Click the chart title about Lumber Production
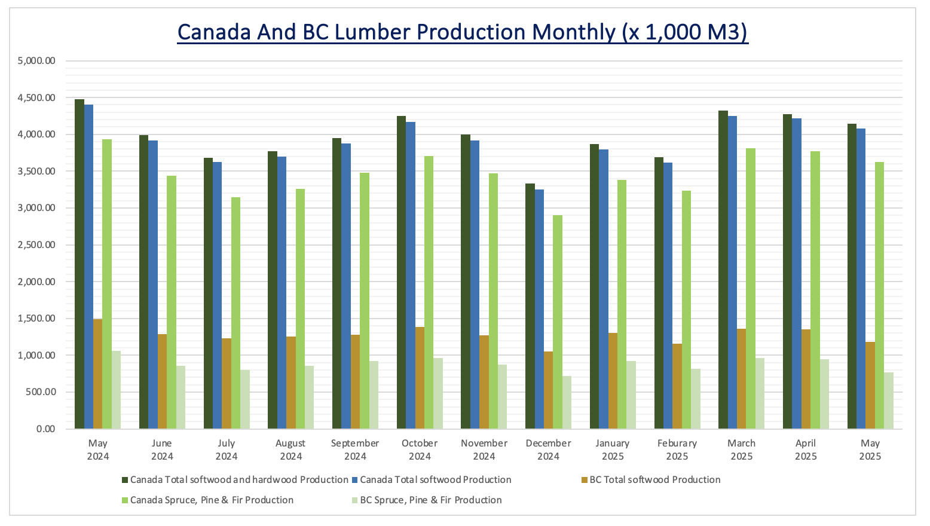[463, 32]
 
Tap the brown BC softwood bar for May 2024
[97, 374]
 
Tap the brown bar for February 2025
[677, 386]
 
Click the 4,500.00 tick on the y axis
[37, 97]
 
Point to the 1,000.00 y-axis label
[37, 355]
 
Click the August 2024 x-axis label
[290, 449]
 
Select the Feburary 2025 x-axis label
[677, 449]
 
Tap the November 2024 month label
[484, 449]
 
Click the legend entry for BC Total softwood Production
[654, 479]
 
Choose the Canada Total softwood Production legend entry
[435, 479]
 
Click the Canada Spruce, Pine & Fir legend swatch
[125, 500]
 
